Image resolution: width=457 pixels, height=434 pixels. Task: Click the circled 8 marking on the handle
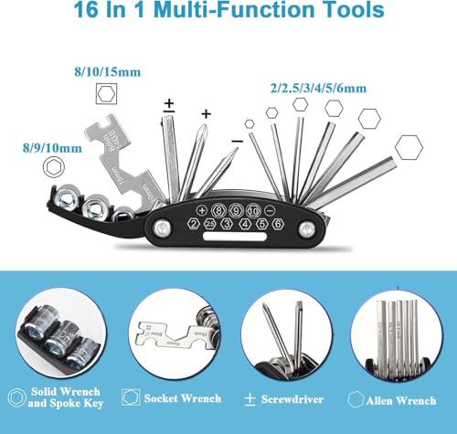coord(219,209)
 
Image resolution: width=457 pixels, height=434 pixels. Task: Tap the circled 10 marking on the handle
coord(254,209)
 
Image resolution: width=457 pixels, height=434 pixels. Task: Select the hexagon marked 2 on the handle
coord(195,225)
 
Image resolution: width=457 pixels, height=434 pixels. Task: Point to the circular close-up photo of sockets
coord(54,333)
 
